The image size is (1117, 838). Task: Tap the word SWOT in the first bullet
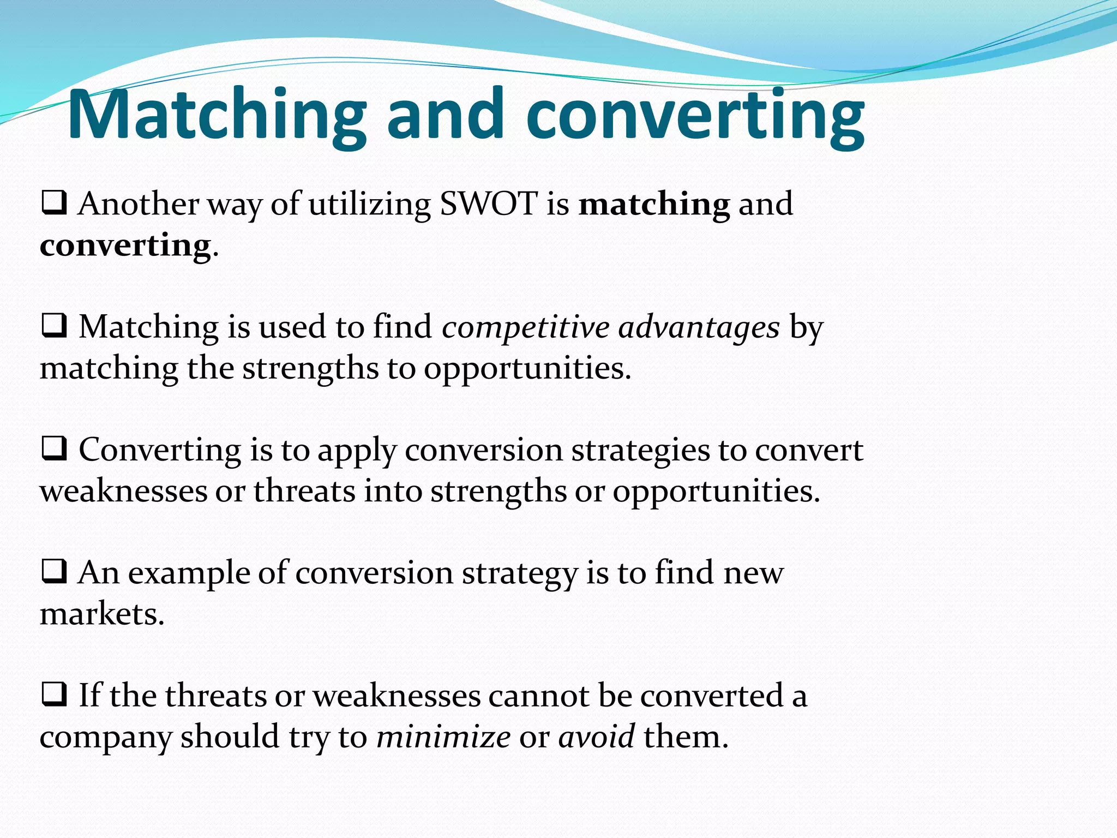(489, 204)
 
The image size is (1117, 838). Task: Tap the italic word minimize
(443, 737)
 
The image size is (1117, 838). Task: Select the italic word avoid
(596, 737)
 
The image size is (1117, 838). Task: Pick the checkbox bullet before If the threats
(54, 695)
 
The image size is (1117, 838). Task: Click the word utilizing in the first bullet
(369, 204)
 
